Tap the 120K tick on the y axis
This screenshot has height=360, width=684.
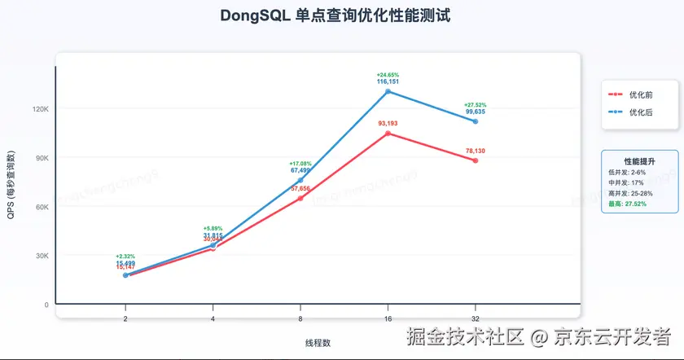(x=41, y=108)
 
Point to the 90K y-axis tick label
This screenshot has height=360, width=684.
(x=41, y=157)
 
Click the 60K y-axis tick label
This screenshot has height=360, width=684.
(x=41, y=207)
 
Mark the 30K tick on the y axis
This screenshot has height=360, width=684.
(x=41, y=256)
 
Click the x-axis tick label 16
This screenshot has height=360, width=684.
(x=388, y=319)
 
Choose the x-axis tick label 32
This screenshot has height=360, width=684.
(x=476, y=319)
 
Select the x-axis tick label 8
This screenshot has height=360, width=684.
(x=300, y=319)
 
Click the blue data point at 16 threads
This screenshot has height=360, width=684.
(x=388, y=91)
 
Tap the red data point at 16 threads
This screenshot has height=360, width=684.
(x=388, y=133)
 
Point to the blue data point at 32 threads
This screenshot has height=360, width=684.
(x=476, y=121)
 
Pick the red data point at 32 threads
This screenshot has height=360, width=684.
(x=476, y=160)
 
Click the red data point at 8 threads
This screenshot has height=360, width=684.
(x=300, y=198)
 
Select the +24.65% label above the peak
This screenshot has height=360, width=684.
(x=388, y=75)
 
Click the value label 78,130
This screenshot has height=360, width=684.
(x=476, y=151)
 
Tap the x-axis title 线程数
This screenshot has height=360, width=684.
(x=318, y=342)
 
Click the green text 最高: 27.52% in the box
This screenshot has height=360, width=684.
(x=628, y=204)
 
